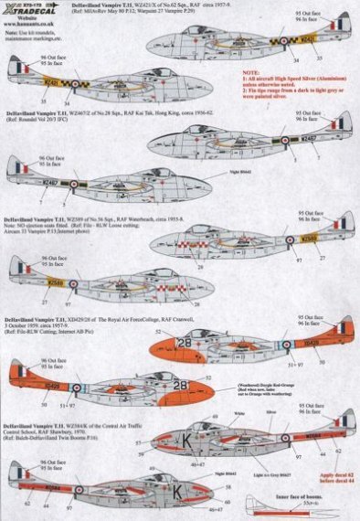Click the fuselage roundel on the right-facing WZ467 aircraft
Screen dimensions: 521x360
[259, 140]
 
